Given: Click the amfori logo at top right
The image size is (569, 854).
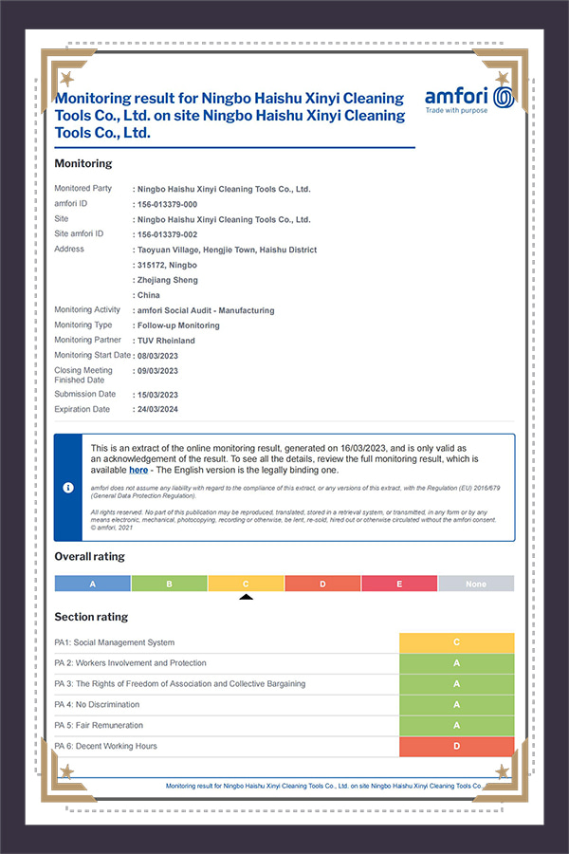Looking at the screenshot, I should tap(469, 100).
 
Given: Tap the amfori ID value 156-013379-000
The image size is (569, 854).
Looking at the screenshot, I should tap(167, 204).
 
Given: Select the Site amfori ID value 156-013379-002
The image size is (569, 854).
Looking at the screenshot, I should tap(167, 234).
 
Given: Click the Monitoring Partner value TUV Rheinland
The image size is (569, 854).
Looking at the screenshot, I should tap(166, 341).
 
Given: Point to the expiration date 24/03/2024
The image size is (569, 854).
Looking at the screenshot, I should tap(156, 410).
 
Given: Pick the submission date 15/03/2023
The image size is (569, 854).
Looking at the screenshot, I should tap(156, 395).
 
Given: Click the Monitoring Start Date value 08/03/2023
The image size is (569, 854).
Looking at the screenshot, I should tap(156, 356).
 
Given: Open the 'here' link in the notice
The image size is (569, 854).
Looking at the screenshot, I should tap(138, 470).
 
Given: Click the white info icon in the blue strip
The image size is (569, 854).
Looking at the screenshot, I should tap(68, 487).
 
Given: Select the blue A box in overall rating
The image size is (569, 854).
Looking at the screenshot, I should tap(92, 584).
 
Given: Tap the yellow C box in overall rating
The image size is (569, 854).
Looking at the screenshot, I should tap(246, 584).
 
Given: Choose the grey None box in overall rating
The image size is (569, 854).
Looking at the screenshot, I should tap(476, 584).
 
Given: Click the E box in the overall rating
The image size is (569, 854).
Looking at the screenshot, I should tap(399, 584).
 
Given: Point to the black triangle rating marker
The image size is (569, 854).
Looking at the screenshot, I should tap(246, 597).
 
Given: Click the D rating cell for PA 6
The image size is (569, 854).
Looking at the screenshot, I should tap(457, 747).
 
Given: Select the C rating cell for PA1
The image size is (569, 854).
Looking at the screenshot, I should tap(457, 642).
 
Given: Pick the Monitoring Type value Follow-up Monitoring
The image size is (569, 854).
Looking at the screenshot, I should tap(178, 325).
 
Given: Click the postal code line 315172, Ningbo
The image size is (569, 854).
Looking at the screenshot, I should tap(167, 265).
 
